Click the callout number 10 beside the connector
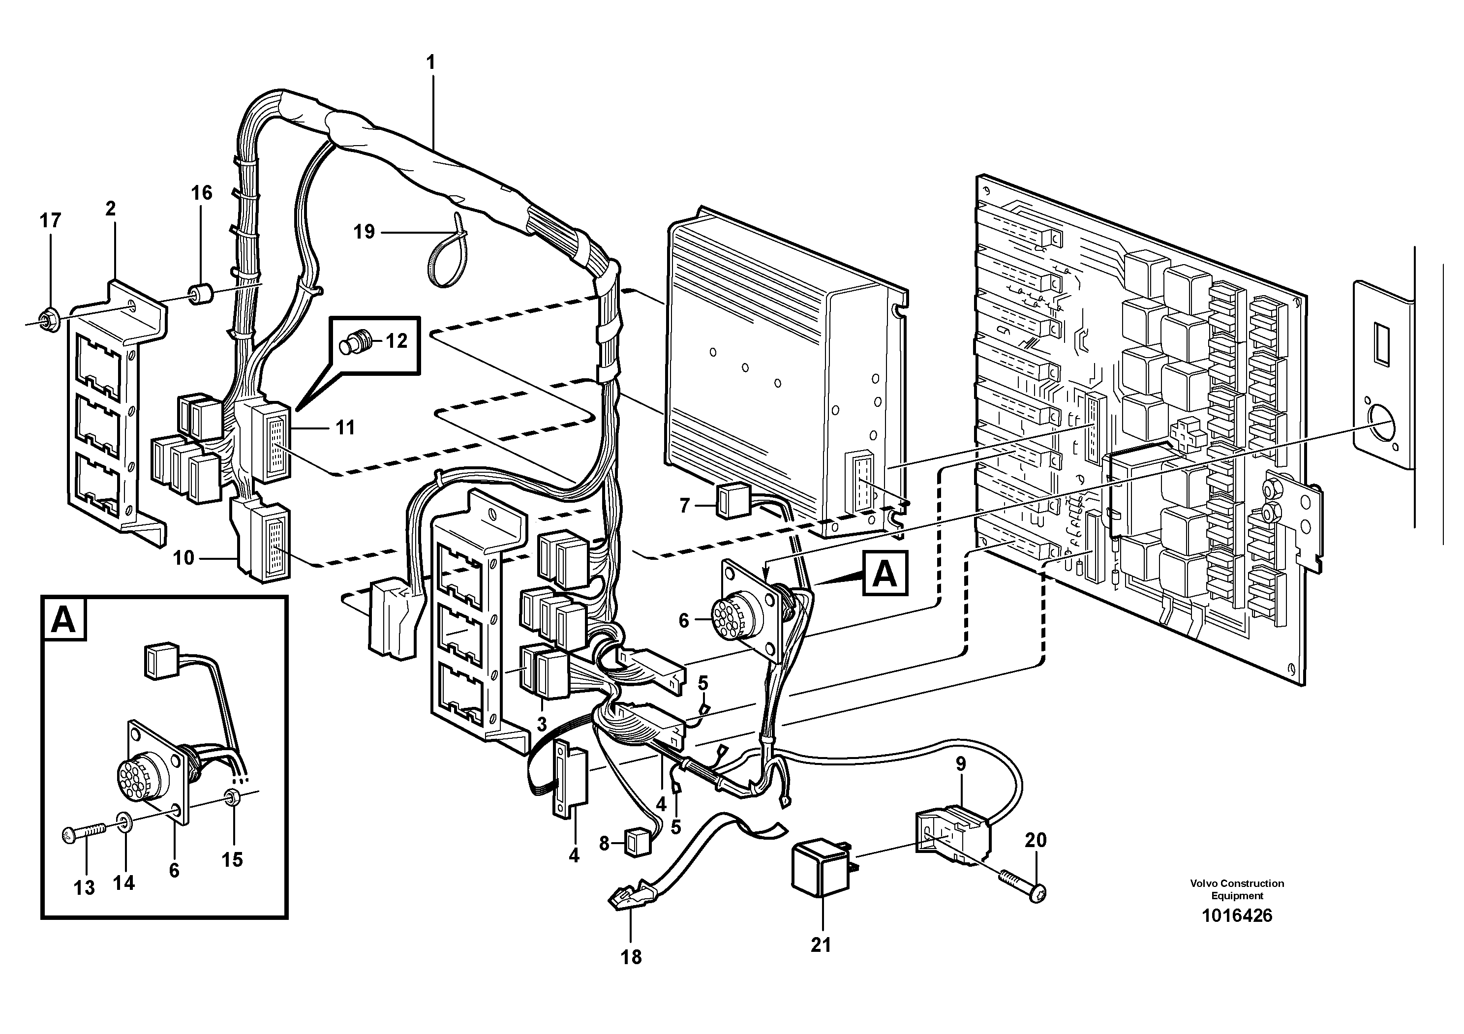(x=183, y=558)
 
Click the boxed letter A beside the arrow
(x=884, y=574)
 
